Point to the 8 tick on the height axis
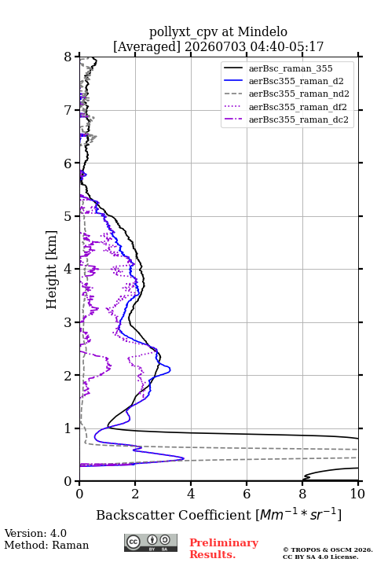(68, 57)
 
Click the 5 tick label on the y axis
(68, 216)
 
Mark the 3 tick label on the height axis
(68, 322)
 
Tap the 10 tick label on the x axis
(358, 494)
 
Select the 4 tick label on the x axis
(191, 494)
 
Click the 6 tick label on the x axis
(247, 494)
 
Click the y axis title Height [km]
(52, 270)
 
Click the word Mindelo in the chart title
(262, 31)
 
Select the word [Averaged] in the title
(147, 47)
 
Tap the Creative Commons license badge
(151, 542)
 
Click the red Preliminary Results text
(224, 549)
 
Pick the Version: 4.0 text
(35, 533)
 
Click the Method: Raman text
(46, 545)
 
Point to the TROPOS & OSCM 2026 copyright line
(328, 549)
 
